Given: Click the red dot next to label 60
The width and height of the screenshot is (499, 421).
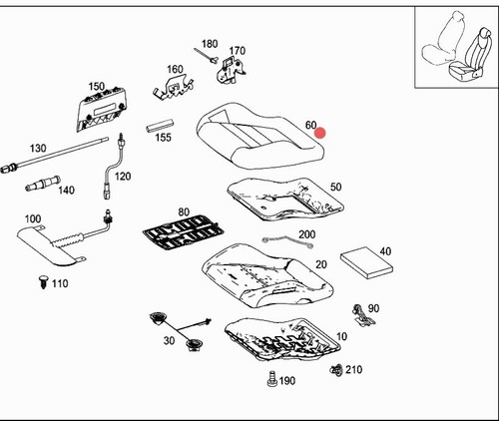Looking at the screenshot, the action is click(320, 133).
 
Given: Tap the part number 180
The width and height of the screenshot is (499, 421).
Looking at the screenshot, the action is click(210, 44).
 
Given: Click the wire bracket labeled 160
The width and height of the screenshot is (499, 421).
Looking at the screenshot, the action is click(173, 88).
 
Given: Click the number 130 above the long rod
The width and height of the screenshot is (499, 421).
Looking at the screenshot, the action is click(38, 148).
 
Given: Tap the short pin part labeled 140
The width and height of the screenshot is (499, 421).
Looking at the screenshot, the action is click(43, 184).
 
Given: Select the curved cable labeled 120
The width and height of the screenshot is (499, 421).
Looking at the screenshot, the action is click(111, 167).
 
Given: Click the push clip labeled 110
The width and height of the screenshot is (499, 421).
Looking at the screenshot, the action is click(44, 282).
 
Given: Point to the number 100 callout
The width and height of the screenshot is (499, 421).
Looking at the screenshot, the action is click(33, 218).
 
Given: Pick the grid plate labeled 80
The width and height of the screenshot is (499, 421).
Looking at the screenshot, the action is click(184, 231).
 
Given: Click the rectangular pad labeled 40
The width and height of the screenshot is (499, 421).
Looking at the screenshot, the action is click(366, 262).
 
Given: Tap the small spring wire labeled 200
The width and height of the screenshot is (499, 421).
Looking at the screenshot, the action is click(287, 241).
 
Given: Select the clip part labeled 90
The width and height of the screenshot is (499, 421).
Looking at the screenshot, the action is click(363, 314).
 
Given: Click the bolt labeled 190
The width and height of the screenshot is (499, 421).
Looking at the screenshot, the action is click(272, 379).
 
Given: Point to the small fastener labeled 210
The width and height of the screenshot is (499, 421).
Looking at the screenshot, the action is click(336, 369).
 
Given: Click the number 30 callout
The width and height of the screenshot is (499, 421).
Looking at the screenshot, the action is click(169, 341).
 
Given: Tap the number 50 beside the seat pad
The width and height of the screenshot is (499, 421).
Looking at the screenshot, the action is click(335, 187).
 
